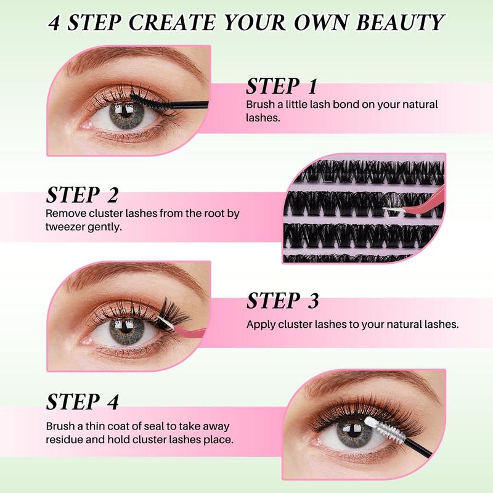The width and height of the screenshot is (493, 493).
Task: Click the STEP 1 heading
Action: pos(282,86)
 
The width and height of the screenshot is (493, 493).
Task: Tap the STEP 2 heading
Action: pos(82,195)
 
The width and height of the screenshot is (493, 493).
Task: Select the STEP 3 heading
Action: pos(283,301)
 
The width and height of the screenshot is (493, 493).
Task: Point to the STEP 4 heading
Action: pos(82,401)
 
